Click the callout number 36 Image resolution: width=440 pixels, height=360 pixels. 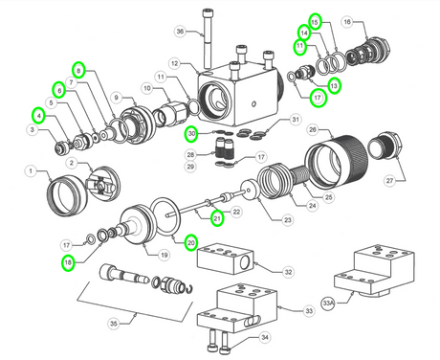point(179,31)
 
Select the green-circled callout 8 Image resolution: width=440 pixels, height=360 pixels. point(79,69)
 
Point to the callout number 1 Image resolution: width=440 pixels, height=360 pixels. point(30,172)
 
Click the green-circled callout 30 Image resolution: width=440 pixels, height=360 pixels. point(191,134)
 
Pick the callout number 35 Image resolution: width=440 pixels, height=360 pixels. point(115,324)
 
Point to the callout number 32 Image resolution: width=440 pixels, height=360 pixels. point(288,271)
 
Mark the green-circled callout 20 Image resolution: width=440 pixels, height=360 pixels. point(191,242)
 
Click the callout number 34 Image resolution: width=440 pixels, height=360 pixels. point(265,336)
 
